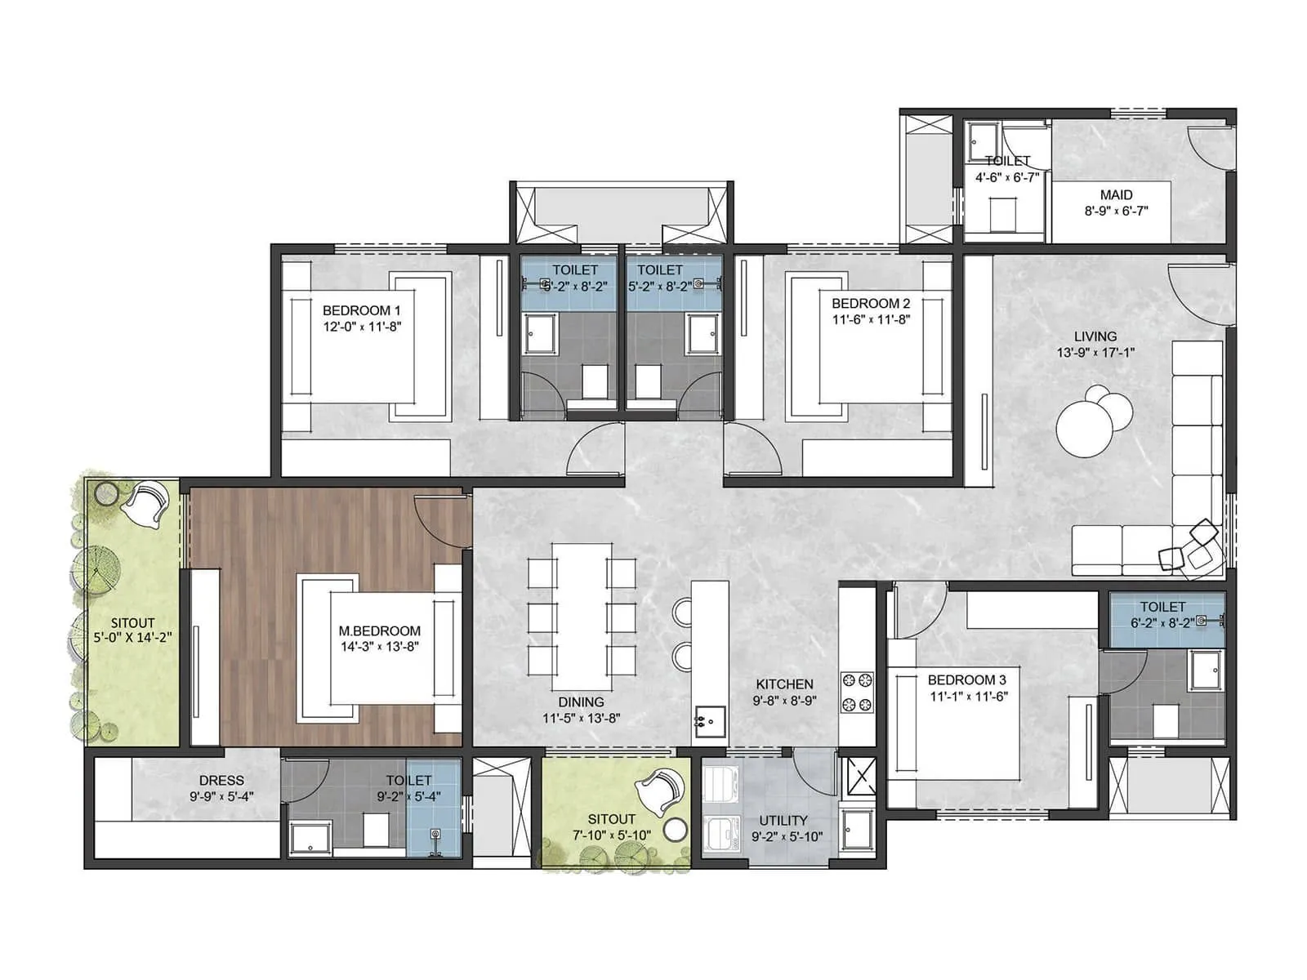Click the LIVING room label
pos(1095,336)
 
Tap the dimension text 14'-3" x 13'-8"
pos(380,647)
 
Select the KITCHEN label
pos(784,684)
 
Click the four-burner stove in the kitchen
pos(857,692)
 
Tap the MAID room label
pos(1116,195)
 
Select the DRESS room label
pos(221,781)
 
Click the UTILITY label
pos(783,821)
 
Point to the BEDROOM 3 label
pos(966,679)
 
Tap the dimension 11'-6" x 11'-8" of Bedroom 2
pos(871,320)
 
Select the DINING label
pos(581,702)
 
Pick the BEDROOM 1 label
pos(361,310)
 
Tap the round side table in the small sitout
pos(675,831)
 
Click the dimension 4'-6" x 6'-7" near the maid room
pos(1006,177)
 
